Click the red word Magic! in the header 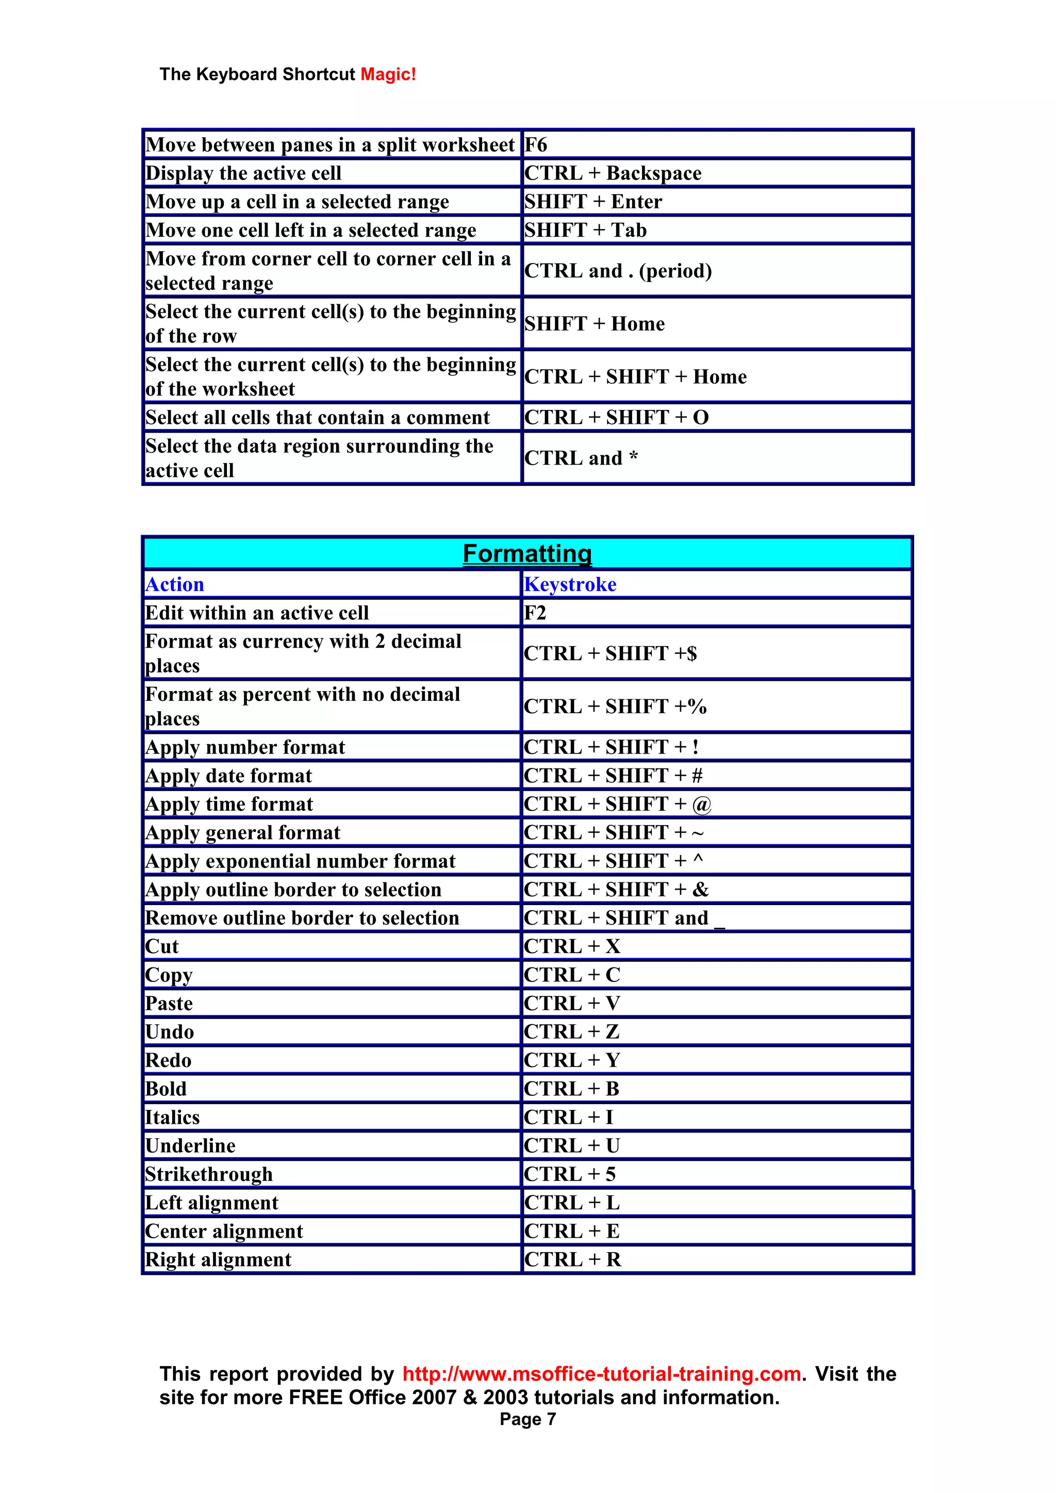pyautogui.click(x=388, y=74)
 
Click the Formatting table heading pyautogui.click(x=527, y=553)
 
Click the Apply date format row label pyautogui.click(x=229, y=776)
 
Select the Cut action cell pyautogui.click(x=162, y=947)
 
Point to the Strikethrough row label pyautogui.click(x=209, y=1174)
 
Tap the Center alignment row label pyautogui.click(x=224, y=1232)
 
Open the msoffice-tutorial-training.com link pyautogui.click(x=602, y=1374)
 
